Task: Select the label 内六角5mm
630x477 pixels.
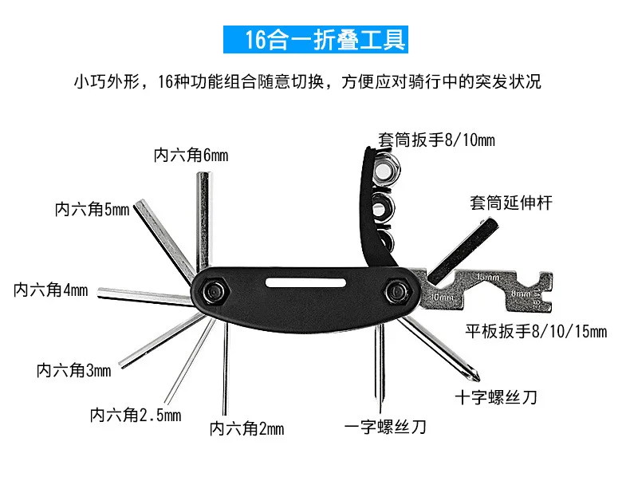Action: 92,210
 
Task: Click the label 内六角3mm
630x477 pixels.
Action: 74,370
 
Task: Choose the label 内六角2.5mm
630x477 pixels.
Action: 136,415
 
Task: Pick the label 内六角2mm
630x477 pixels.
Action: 246,429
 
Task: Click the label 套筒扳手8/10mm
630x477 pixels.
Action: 436,141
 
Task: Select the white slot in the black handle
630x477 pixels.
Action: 307,281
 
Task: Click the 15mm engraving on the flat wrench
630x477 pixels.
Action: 486,276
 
